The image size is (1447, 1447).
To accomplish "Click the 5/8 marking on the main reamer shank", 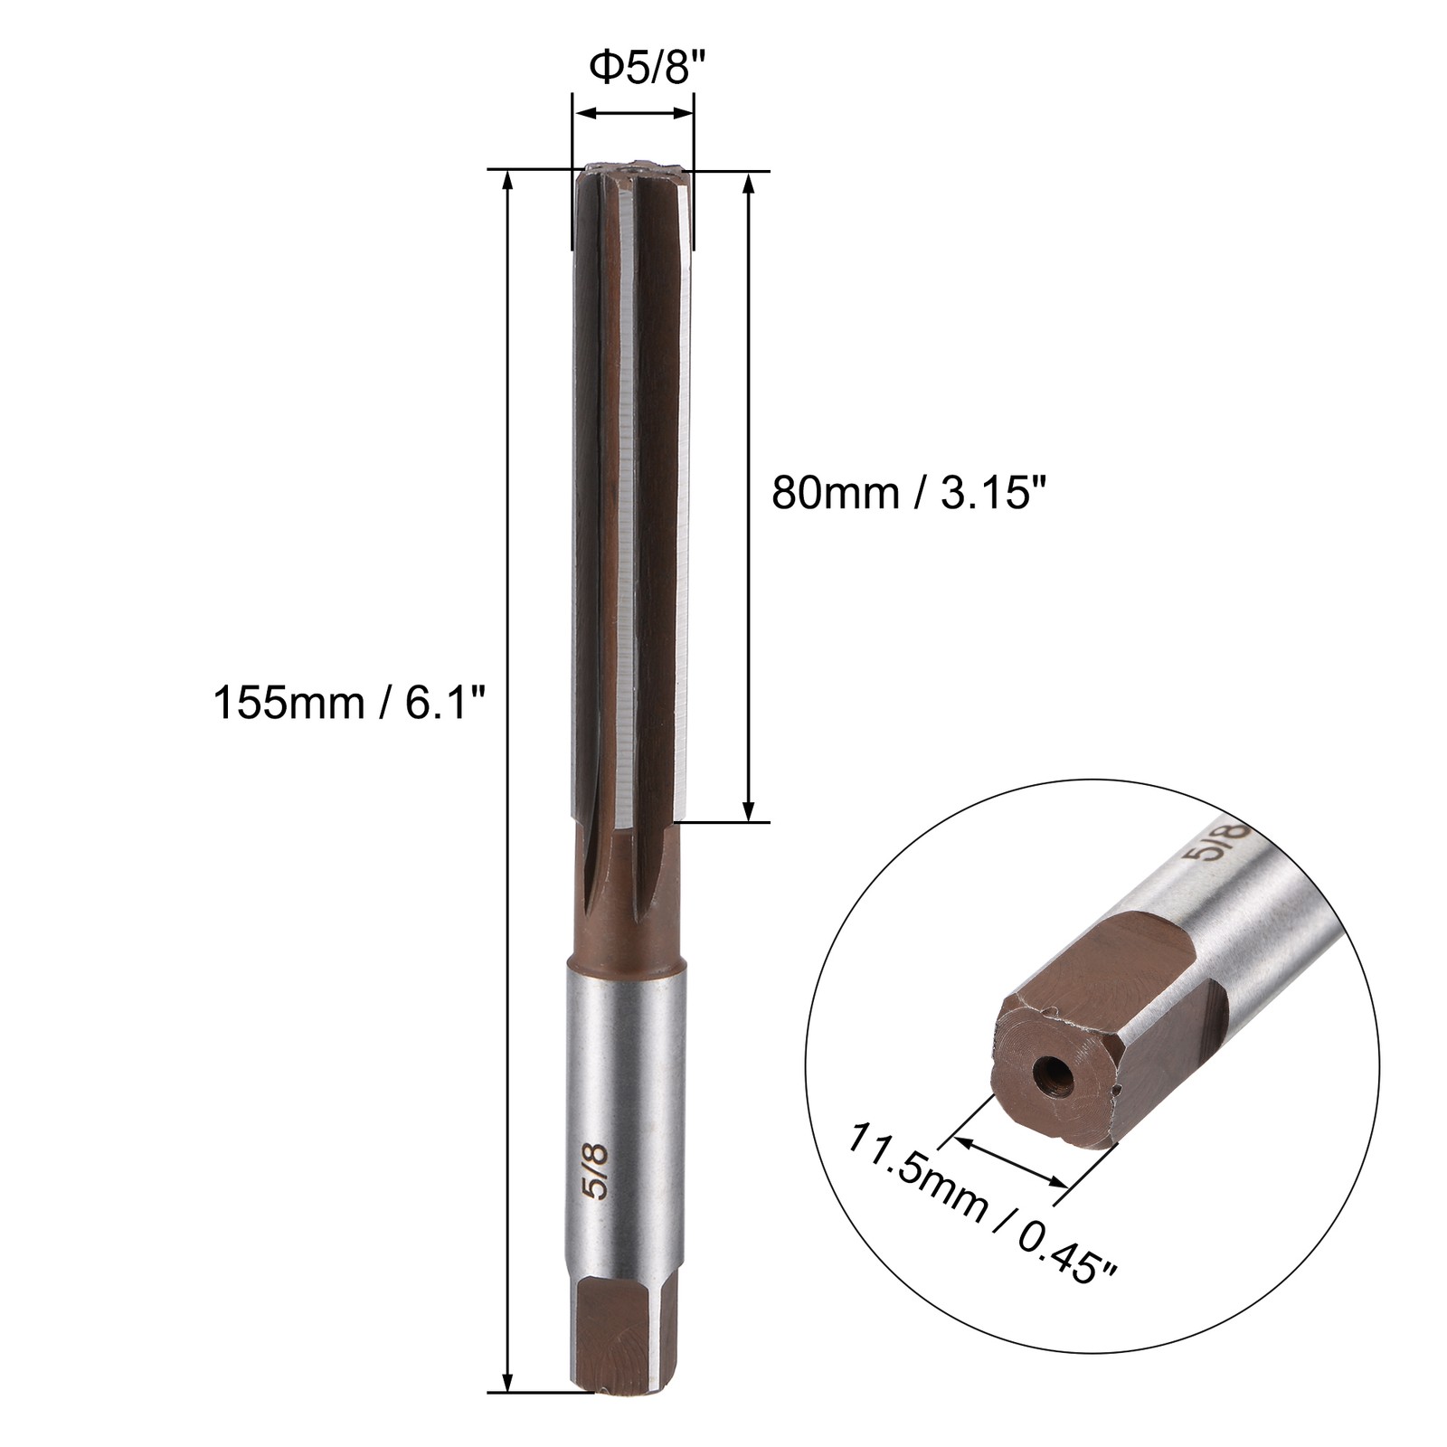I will pos(599,1170).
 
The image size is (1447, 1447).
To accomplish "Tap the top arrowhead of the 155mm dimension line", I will pos(507,180).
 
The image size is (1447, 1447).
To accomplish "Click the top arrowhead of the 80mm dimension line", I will pos(748,184).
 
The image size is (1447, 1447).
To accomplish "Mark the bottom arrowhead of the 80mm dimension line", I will pos(748,811).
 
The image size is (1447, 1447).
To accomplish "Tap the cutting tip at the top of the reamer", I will pos(632,172).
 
